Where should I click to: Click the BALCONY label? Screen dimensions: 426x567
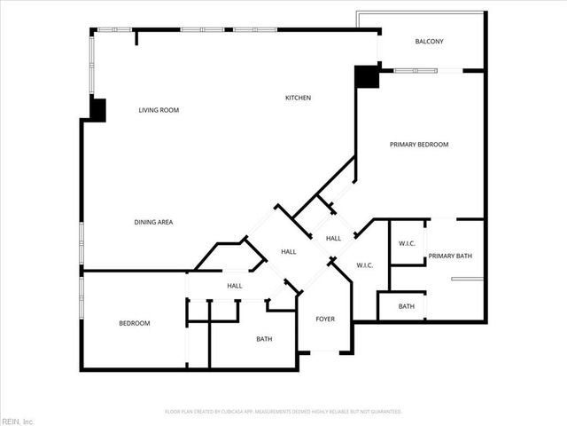(429, 42)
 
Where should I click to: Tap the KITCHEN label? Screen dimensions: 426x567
(298, 97)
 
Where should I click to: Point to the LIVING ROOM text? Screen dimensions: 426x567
(159, 110)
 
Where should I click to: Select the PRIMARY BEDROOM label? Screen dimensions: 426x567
(420, 144)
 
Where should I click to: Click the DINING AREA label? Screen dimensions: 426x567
(153, 222)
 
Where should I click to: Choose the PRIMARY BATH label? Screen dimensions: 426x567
(450, 256)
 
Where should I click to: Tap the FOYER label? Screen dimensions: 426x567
(325, 319)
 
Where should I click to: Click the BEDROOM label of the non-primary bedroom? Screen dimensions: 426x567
(135, 323)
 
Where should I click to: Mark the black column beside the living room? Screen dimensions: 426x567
(97, 110)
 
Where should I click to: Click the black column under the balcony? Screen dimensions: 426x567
(366, 77)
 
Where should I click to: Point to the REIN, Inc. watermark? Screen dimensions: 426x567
(18, 420)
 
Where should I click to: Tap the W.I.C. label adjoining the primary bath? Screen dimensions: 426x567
(408, 244)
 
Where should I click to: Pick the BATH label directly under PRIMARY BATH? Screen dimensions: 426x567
(406, 306)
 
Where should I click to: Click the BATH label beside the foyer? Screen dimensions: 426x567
(264, 339)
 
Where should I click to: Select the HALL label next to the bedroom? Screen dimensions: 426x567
(235, 286)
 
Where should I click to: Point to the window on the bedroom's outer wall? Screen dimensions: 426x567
(82, 297)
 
